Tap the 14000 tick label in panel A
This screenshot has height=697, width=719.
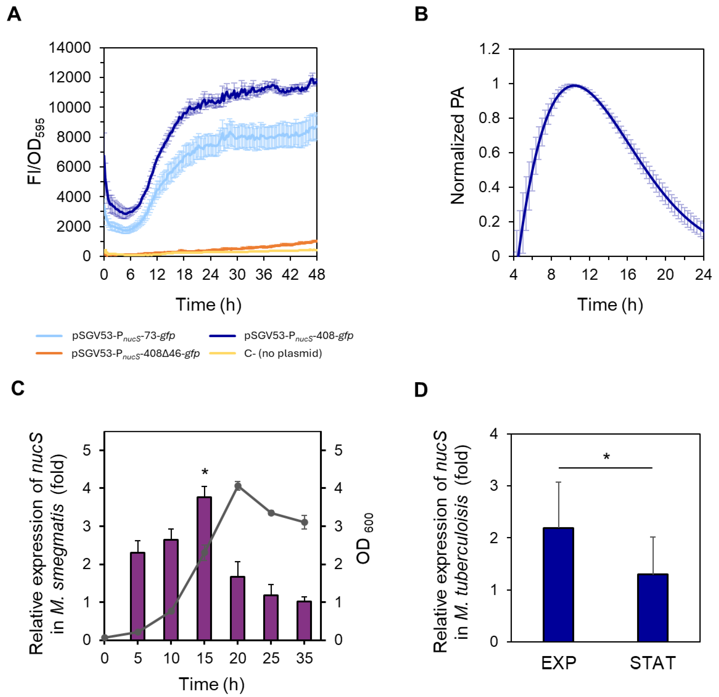pos(70,48)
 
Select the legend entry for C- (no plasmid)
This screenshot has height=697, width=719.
pos(283,353)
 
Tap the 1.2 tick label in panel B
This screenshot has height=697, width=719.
pos(490,49)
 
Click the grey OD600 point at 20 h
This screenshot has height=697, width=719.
pos(238,487)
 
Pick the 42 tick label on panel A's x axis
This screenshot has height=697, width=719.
pos(290,274)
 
